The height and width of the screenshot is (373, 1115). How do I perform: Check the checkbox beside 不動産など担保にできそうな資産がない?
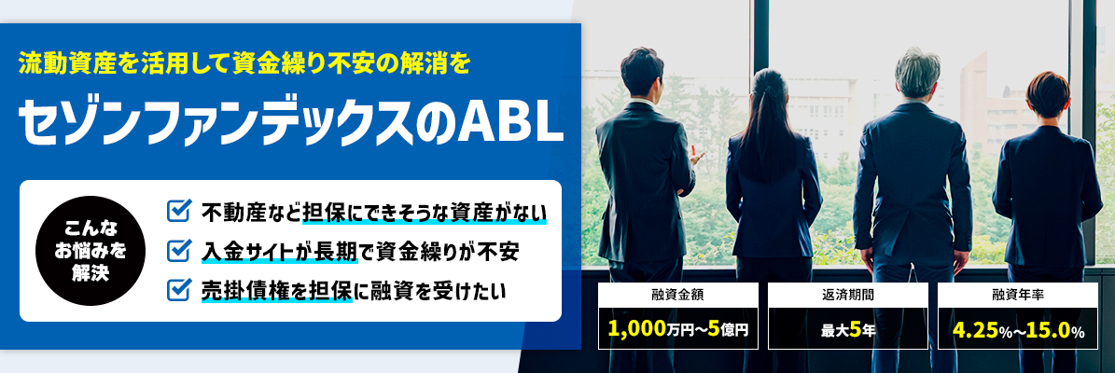pyautogui.click(x=178, y=211)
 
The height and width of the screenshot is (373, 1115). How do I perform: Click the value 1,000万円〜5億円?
pyautogui.click(x=678, y=330)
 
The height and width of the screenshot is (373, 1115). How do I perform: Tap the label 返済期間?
pyautogui.click(x=847, y=294)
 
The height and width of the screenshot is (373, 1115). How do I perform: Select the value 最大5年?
pyautogui.click(x=847, y=330)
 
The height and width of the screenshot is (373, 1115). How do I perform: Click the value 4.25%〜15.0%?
pyautogui.click(x=1018, y=330)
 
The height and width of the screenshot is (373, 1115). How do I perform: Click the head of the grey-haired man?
pyautogui.click(x=917, y=73)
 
